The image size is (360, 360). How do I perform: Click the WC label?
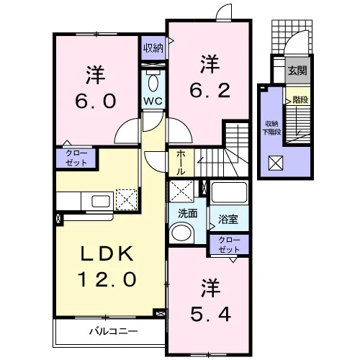[x=153, y=101]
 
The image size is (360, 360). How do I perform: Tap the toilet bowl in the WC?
[x=153, y=83]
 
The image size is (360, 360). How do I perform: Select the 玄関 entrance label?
[x=297, y=71]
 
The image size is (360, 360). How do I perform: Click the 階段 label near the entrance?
[x=300, y=99]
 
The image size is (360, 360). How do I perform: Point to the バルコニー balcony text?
[x=114, y=331]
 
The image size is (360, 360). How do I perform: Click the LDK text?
[x=107, y=253]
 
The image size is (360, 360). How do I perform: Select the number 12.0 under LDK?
[x=107, y=279]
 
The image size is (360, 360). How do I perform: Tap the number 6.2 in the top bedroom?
[x=210, y=90]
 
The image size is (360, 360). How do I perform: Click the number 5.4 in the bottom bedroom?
[x=211, y=314]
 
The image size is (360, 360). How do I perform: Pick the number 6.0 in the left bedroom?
[x=96, y=101]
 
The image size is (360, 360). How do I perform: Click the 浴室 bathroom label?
[x=228, y=219]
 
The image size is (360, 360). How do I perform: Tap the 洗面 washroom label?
[x=188, y=213]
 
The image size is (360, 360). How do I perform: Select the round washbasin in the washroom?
[x=182, y=233]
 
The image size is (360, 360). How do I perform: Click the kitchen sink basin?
[x=101, y=201]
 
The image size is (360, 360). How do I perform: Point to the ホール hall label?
[x=181, y=163]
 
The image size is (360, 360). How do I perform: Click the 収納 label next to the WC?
[x=153, y=48]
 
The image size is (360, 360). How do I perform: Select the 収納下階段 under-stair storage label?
[x=272, y=128]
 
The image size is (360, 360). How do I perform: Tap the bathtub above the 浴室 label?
[x=229, y=193]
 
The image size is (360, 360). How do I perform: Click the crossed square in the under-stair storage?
[x=276, y=163]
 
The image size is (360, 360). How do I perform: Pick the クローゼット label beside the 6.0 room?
[x=76, y=158]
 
